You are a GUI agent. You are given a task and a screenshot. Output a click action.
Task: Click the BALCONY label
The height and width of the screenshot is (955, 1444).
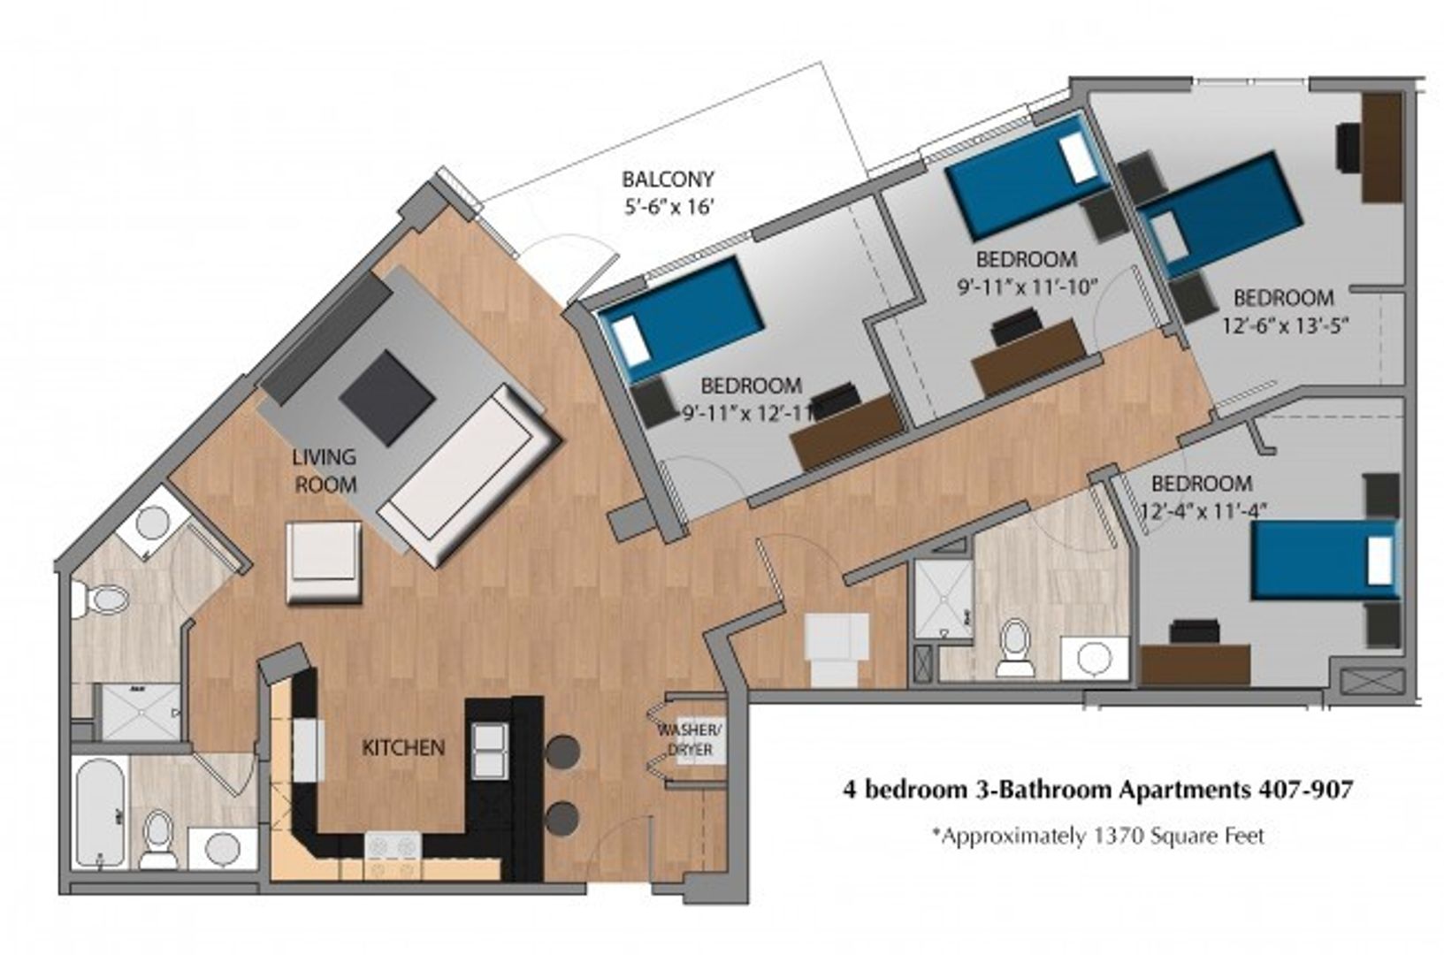coord(668,179)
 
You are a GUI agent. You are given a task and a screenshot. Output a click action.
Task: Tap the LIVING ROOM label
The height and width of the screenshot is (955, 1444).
coord(325,470)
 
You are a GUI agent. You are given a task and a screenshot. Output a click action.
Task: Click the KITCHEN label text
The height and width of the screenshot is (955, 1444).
coord(403,748)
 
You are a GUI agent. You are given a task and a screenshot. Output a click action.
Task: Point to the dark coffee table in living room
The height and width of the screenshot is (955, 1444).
coord(386,398)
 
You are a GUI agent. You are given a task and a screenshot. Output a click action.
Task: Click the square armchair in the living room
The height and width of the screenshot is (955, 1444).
coord(324,562)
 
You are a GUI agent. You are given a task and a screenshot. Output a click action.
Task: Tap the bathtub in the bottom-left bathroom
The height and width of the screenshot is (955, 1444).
coord(100,813)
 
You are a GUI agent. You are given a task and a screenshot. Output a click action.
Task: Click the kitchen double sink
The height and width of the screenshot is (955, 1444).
coord(491,751)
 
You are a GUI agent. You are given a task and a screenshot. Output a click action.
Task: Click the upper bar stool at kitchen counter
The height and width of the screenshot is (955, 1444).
coord(562,753)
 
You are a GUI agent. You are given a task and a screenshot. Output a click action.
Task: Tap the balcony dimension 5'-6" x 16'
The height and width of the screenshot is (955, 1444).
coord(669,208)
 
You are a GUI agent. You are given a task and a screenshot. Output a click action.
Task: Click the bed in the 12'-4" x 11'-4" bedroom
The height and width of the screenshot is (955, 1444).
coord(1326,560)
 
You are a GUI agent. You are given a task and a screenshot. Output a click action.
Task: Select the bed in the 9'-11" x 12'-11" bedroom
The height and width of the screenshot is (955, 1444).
coord(682,318)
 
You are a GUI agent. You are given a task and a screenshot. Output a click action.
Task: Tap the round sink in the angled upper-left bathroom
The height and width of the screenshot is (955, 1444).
coord(153,523)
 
